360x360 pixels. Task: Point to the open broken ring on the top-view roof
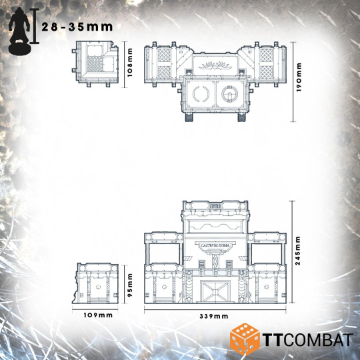[199, 96]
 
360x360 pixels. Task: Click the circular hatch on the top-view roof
[233, 96]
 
